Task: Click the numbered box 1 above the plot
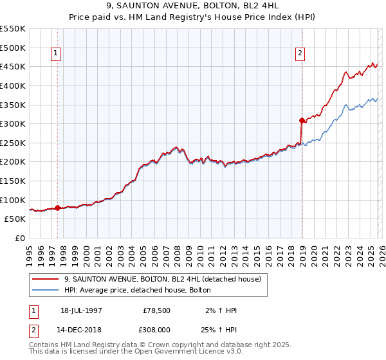[57, 54]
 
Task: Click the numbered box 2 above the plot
[300, 54]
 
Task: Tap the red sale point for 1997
[58, 208]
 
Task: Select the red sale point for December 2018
[302, 120]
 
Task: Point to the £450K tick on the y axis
[13, 66]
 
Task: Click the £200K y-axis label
[13, 161]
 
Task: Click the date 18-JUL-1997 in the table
[81, 310]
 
